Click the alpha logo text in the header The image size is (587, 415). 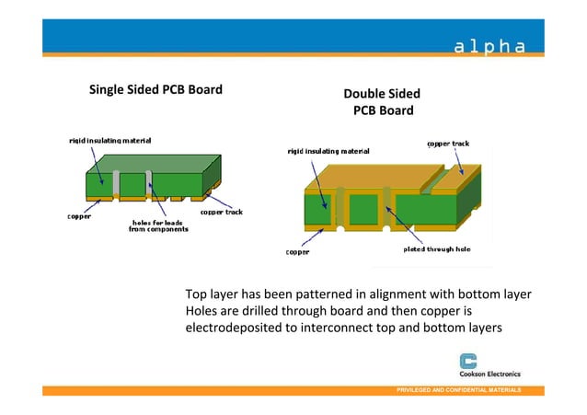[489, 47]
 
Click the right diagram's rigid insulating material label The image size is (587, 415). [328, 149]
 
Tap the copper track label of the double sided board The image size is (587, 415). [448, 144]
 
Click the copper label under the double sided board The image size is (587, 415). [297, 251]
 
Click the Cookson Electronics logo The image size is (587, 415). [489, 366]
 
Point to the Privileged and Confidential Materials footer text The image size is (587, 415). [458, 391]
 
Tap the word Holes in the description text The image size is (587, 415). [202, 311]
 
